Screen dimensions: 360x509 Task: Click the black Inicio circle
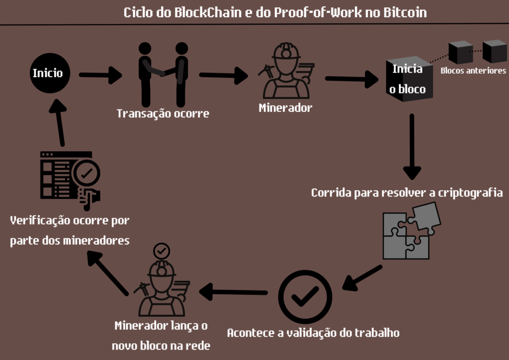point(48,74)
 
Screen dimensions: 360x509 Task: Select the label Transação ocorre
point(163,114)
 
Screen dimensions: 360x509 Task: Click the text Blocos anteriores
point(473,71)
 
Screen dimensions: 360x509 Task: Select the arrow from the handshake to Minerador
point(223,76)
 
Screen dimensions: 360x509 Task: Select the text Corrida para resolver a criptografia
point(407,192)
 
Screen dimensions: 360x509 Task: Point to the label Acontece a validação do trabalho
point(313,333)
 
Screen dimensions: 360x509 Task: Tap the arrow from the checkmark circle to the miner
point(234,292)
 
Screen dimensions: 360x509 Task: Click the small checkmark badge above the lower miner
point(161,252)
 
